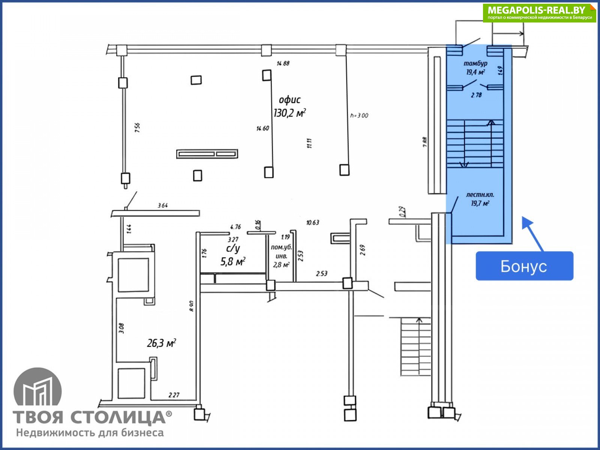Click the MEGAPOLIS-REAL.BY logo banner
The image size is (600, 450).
(x=539, y=13)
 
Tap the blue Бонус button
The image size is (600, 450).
(x=524, y=266)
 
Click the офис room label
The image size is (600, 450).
(x=289, y=100)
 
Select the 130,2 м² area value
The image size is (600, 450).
(x=289, y=112)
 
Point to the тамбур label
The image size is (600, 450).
(x=475, y=63)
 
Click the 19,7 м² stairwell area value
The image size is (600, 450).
(x=480, y=203)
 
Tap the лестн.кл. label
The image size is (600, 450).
(x=480, y=195)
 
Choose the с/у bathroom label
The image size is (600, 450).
(x=232, y=248)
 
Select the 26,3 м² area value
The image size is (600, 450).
(x=162, y=343)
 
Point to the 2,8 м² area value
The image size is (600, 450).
(x=281, y=265)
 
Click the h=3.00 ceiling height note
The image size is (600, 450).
(x=359, y=115)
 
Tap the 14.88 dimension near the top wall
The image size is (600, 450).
(x=283, y=63)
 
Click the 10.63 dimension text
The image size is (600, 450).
(x=313, y=222)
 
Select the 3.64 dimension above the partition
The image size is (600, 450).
(x=163, y=205)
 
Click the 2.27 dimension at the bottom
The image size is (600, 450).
(x=174, y=394)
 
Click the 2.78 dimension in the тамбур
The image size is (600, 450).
(x=476, y=95)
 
